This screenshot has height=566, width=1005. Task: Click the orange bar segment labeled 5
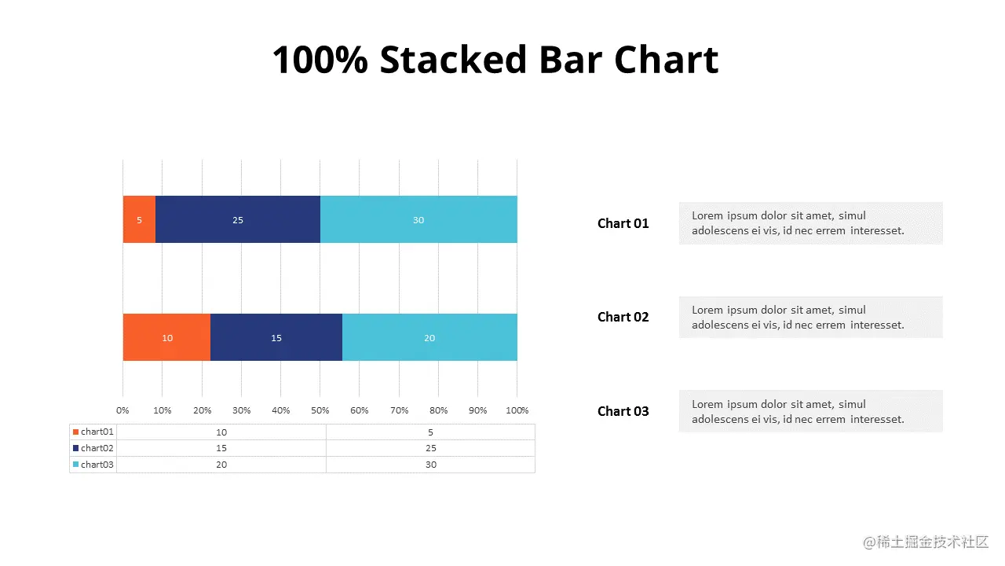tap(139, 219)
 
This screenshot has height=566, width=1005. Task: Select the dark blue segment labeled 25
tap(238, 219)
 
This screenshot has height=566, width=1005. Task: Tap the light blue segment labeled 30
tap(418, 219)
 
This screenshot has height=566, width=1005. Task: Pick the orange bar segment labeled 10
tap(167, 337)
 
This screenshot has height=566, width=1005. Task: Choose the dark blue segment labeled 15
tap(276, 337)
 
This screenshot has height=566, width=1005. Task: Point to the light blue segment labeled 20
tap(429, 337)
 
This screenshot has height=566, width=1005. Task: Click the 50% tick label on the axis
tap(320, 410)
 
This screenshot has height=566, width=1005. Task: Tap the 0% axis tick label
tap(122, 410)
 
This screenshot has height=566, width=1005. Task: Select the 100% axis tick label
tap(517, 410)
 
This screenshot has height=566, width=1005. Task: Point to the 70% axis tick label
tap(400, 410)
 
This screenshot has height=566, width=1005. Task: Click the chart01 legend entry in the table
tap(93, 432)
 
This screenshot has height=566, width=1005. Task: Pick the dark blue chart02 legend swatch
tap(76, 448)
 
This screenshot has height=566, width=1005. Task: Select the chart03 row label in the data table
tap(97, 465)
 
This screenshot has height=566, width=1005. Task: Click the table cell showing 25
tap(431, 448)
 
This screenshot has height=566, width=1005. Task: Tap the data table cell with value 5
tap(431, 432)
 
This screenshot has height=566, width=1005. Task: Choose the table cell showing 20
tap(221, 465)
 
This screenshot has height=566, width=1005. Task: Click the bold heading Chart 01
tap(623, 223)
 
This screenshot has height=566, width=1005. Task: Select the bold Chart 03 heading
tap(623, 411)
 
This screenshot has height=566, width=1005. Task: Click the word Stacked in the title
tap(453, 59)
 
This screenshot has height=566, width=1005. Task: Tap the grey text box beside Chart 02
tap(811, 317)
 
